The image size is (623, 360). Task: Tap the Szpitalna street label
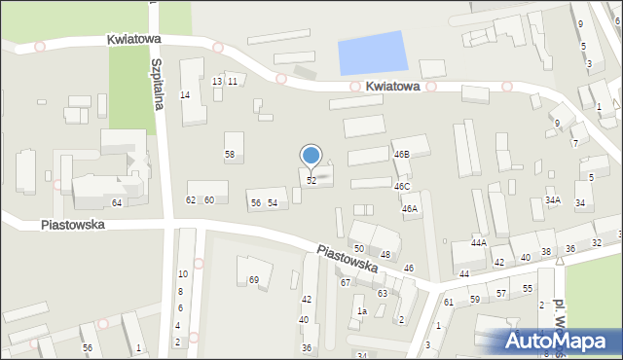tap(156, 82)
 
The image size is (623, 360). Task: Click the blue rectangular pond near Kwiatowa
tap(371, 53)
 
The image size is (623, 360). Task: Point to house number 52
tap(311, 181)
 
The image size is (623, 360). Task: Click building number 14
tap(185, 94)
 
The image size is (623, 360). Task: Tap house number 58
tap(230, 155)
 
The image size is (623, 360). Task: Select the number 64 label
tap(117, 202)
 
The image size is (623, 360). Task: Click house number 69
tap(255, 280)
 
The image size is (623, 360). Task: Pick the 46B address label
tap(402, 155)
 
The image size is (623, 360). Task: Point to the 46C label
tap(402, 186)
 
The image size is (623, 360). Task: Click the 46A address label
tap(410, 208)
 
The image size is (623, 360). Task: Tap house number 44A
tap(479, 242)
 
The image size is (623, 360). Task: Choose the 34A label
tap(553, 200)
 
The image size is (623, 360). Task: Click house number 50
tap(359, 249)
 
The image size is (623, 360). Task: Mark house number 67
tap(346, 282)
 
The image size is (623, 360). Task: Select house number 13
tap(217, 81)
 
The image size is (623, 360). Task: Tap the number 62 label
tap(191, 200)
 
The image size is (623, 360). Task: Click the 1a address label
tap(361, 311)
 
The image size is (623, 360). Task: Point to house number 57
tap(501, 293)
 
